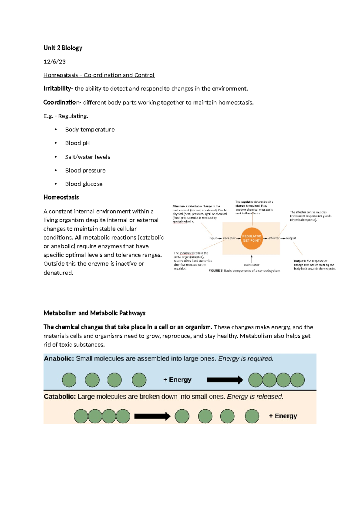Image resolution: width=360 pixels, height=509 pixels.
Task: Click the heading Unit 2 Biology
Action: [63, 48]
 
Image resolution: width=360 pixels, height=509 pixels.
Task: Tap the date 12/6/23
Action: [54, 62]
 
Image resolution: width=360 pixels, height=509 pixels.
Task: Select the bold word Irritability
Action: [57, 89]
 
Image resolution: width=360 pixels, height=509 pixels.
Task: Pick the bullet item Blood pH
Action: [77, 143]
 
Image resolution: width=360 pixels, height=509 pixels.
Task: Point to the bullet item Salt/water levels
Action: [87, 157]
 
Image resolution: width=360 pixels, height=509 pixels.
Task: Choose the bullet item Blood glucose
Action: [84, 184]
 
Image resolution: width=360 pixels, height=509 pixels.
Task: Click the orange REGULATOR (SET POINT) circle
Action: [251, 238]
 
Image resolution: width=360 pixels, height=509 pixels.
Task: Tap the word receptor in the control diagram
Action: [229, 238]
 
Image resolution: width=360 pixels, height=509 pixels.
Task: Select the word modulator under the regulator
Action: [251, 265]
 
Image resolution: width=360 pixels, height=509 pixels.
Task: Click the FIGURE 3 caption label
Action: [215, 271]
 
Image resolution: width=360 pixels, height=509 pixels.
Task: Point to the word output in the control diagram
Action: [291, 238]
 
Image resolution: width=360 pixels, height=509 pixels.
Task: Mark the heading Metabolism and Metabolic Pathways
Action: [94, 313]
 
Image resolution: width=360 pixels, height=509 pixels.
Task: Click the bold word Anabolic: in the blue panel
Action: [59, 359]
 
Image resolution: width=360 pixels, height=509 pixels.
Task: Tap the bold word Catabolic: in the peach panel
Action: [60, 397]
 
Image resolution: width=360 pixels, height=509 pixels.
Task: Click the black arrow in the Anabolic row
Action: [225, 380]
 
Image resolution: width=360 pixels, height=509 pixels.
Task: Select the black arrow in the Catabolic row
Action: [152, 416]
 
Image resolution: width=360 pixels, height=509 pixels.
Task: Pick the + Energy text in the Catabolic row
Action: [283, 416]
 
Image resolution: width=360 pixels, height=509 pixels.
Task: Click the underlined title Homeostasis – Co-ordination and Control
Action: [99, 75]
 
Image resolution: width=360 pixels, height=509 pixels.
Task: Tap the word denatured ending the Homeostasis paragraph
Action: [58, 273]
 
